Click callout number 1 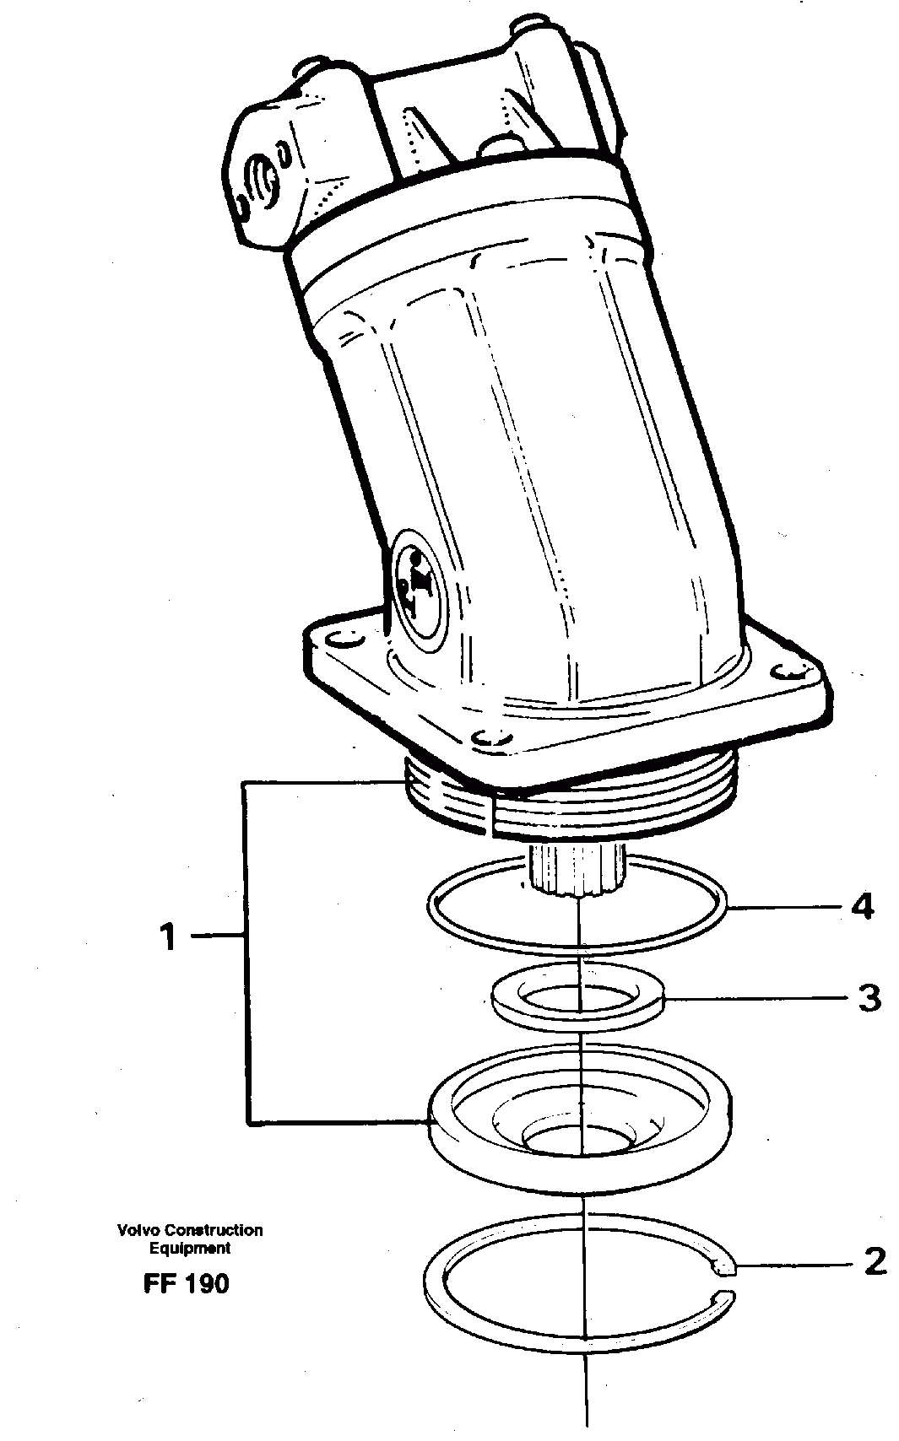tap(170, 936)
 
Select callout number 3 tap(869, 998)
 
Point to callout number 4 tap(863, 908)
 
